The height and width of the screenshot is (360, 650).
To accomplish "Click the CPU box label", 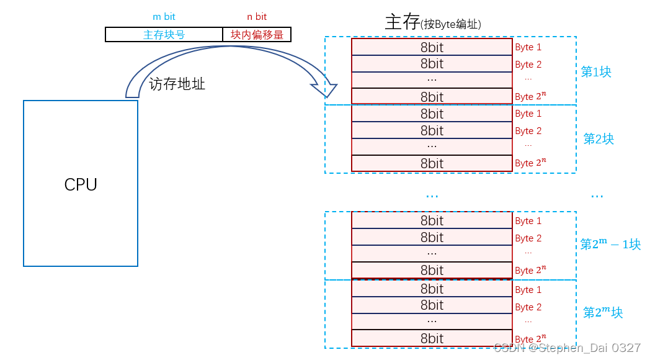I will click(81, 184).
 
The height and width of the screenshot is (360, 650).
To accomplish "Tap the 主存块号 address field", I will click(164, 35).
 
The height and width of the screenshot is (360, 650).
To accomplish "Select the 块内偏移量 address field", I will click(257, 35).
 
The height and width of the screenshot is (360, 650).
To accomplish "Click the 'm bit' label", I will click(164, 17).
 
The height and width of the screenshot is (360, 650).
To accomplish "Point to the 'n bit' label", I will click(257, 17).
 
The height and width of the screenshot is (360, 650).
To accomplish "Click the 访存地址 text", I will click(177, 84).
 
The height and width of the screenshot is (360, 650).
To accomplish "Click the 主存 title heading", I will click(402, 22).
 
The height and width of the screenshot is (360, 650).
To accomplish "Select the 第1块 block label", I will click(596, 72).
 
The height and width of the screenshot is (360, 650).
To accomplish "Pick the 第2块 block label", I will click(599, 139).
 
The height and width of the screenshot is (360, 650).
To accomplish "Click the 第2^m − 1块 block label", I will click(610, 245).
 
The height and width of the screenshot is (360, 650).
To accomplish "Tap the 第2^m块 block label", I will click(603, 313).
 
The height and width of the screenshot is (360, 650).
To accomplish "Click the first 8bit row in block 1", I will click(432, 47).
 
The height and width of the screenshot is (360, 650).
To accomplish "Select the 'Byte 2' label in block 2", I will click(528, 131).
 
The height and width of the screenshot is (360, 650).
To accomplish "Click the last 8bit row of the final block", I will click(432, 338).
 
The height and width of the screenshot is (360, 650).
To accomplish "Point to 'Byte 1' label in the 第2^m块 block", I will click(528, 290).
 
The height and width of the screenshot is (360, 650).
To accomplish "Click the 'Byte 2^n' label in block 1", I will click(530, 96).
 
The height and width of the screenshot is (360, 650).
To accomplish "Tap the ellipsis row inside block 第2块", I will click(432, 146).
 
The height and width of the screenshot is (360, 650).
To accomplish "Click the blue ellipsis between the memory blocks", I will click(432, 195).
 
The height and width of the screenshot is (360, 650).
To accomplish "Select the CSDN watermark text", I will click(567, 348).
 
